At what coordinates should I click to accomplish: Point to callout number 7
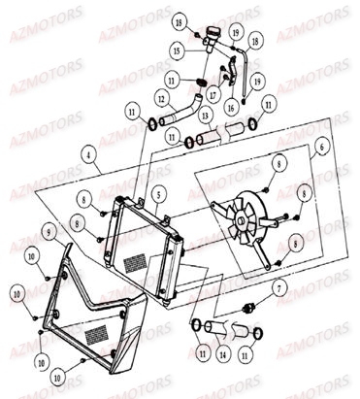pos(278,288)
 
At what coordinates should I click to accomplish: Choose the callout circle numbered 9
pos(48,230)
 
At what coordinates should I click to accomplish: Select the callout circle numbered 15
pos(178,48)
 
